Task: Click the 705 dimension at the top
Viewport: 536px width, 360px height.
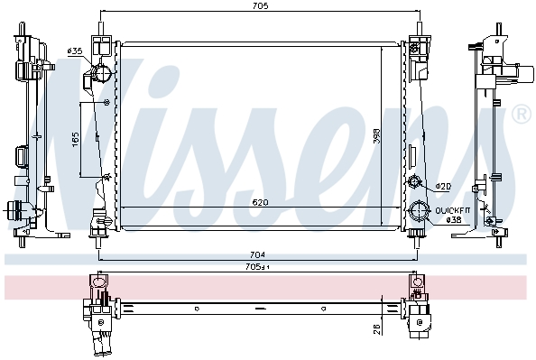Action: click(x=261, y=5)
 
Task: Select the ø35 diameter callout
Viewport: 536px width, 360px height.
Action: click(x=75, y=51)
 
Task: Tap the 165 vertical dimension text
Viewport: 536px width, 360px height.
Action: click(x=76, y=140)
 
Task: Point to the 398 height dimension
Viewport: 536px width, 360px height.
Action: click(x=376, y=135)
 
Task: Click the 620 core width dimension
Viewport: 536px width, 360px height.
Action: click(x=260, y=203)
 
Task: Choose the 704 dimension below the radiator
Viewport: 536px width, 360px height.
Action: click(x=257, y=254)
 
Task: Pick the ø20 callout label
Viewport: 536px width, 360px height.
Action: click(x=443, y=187)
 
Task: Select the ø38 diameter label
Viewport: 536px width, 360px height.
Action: click(x=454, y=220)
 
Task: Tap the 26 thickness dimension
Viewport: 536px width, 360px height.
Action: click(x=376, y=329)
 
